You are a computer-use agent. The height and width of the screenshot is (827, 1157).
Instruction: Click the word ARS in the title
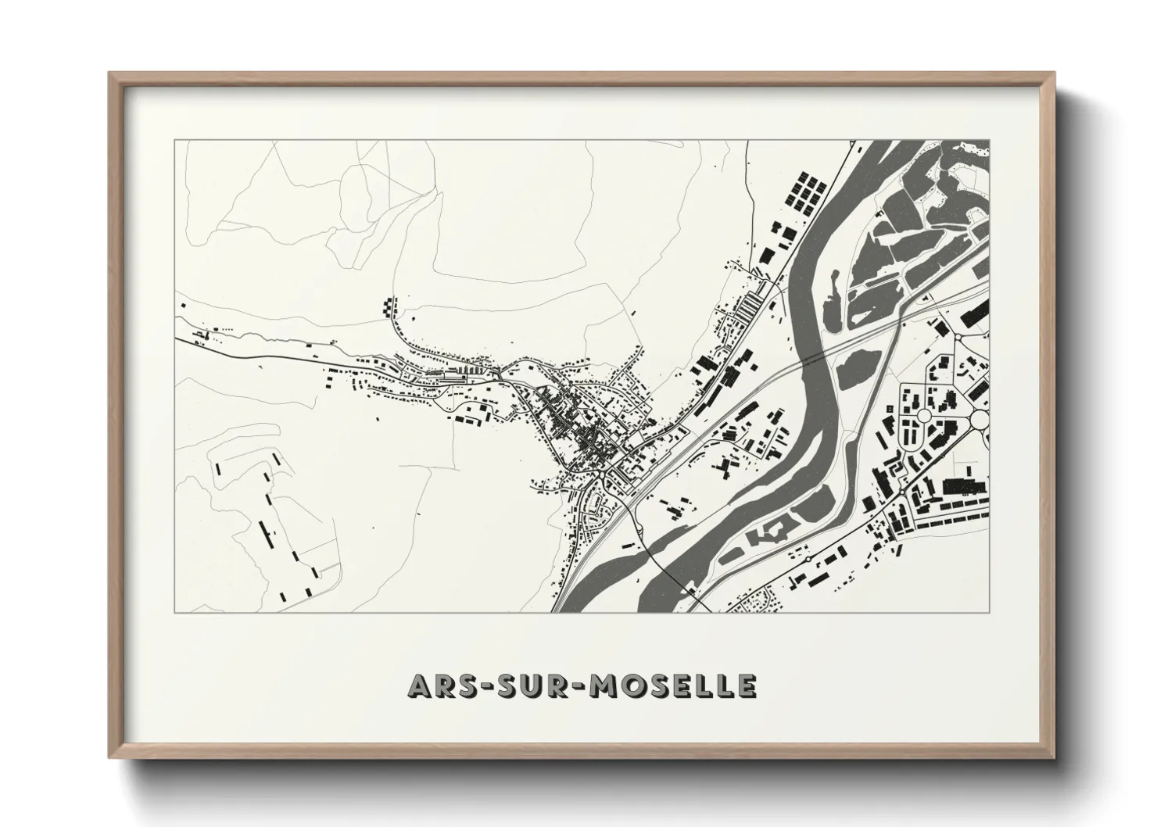pos(441,686)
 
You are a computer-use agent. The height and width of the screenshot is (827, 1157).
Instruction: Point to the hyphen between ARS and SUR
pos(486,686)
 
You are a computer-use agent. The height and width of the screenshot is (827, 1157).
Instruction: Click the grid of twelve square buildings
pos(806,192)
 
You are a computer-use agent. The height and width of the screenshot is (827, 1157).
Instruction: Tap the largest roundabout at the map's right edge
pos(980,420)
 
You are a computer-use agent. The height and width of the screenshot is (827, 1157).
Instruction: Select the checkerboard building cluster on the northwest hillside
pos(389,306)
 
